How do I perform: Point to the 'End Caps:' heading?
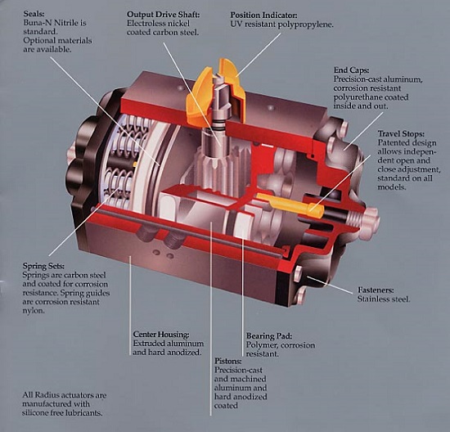pyautogui.click(x=354, y=70)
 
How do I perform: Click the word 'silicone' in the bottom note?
pyautogui.click(x=38, y=414)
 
